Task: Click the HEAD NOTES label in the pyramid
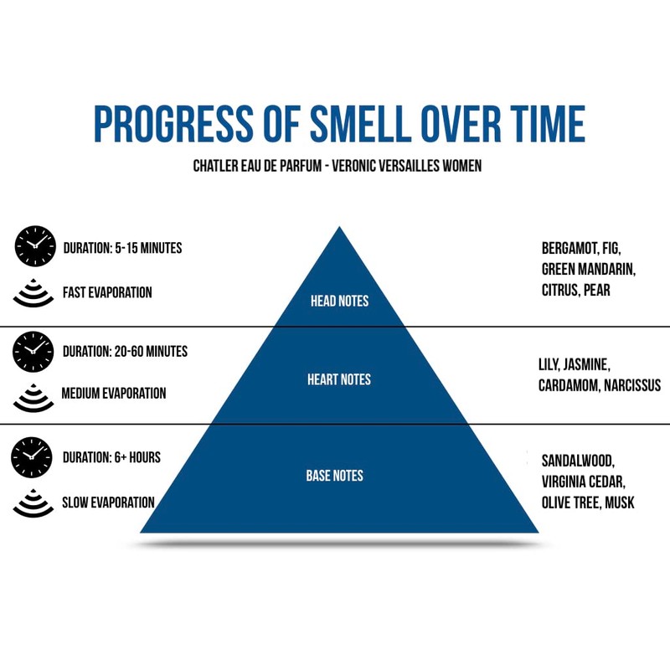(339, 301)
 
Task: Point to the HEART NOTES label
(339, 379)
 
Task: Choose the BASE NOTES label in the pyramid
(335, 476)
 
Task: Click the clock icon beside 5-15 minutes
(34, 247)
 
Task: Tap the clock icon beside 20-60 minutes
(34, 351)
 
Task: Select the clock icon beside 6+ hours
(33, 457)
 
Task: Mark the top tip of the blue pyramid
(339, 227)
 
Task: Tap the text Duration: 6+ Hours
(111, 457)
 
